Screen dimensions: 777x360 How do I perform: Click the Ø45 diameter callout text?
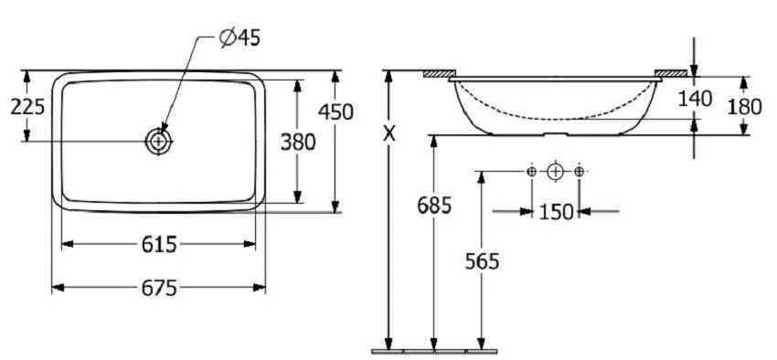point(239,38)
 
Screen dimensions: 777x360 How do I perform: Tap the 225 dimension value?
point(27,107)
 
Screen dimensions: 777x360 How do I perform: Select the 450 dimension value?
point(336,111)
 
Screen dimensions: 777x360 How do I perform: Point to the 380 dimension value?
point(298,143)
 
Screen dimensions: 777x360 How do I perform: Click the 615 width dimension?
point(158,244)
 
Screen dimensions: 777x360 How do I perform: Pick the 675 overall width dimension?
point(158,288)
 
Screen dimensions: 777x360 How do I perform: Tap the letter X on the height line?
point(390,132)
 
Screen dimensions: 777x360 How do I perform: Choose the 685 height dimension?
point(434,205)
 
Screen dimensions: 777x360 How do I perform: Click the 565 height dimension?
point(482,261)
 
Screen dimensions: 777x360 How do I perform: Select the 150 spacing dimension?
point(556,212)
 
